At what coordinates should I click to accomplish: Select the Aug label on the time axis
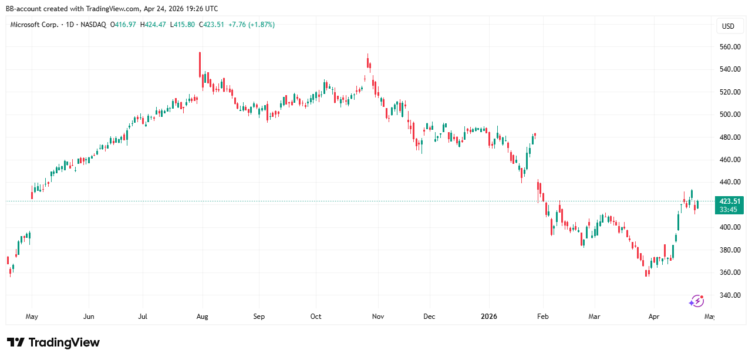202,317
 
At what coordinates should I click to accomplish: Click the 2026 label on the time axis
489,317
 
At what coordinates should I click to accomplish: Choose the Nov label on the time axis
378,317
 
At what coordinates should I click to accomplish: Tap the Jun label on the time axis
89,317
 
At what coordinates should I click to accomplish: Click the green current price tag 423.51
728,201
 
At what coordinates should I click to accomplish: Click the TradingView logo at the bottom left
53,342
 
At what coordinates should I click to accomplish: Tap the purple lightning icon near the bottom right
696,301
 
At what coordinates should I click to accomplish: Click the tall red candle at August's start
200,65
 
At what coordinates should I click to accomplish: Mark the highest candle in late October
368,62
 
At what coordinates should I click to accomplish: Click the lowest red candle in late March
647,272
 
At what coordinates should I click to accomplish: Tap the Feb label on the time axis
543,317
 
